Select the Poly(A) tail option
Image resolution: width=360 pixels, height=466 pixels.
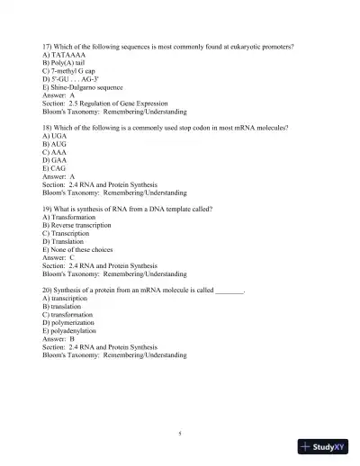[60, 63]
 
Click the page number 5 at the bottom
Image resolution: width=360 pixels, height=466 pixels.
[180, 433]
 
